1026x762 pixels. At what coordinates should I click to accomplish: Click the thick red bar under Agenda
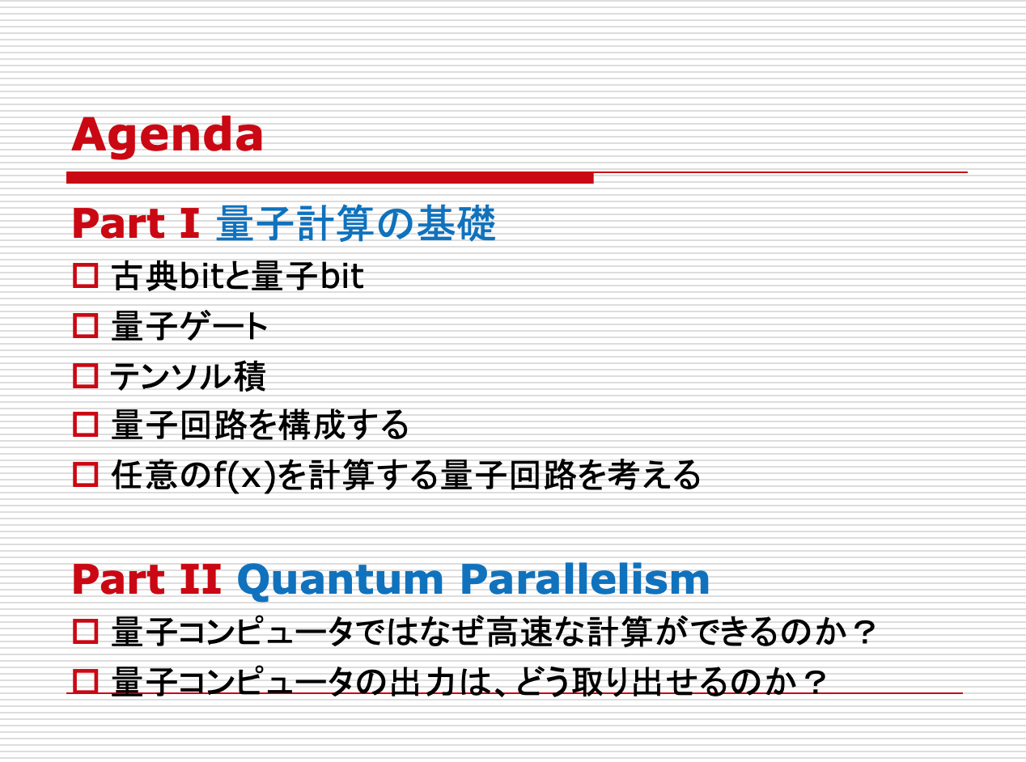[330, 178]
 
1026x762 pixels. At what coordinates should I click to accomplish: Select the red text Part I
[136, 223]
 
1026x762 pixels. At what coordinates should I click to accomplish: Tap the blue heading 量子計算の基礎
[356, 223]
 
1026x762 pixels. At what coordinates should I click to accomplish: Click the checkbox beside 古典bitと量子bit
[86, 276]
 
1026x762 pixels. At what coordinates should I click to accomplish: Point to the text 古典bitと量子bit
[238, 276]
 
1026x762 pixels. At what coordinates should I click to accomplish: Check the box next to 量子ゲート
[86, 326]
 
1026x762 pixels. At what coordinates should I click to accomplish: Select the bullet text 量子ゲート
[189, 326]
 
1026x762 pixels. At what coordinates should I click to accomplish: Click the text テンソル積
[189, 375]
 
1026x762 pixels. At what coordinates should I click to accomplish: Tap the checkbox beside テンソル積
[86, 375]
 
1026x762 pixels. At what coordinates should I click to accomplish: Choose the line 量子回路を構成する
[261, 425]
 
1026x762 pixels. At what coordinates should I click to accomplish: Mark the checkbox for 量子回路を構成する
[86, 425]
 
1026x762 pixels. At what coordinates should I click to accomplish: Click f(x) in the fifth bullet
[244, 476]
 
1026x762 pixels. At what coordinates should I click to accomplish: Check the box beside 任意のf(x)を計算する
[86, 475]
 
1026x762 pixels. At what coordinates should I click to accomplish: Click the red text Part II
[147, 579]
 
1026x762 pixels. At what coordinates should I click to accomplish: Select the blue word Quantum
[341, 581]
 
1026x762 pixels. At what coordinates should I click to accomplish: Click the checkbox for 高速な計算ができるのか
[86, 632]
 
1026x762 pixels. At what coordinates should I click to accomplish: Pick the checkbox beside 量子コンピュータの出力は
[86, 681]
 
